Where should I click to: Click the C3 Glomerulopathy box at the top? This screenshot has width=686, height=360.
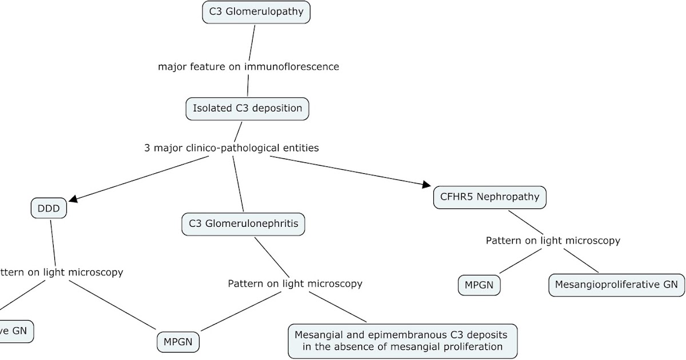(x=256, y=11)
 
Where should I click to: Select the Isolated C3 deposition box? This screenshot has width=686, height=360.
(x=247, y=109)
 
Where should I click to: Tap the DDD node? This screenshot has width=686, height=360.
(x=49, y=209)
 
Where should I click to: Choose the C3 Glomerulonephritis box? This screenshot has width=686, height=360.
(x=243, y=223)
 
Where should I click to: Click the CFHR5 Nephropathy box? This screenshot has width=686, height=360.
(x=489, y=197)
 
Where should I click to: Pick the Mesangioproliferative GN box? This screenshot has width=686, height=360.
(x=616, y=285)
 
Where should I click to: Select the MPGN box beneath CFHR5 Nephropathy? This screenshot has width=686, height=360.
(x=479, y=285)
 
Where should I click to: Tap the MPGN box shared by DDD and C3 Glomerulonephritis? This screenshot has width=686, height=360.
(x=178, y=342)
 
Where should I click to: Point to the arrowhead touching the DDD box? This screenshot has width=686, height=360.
(x=73, y=199)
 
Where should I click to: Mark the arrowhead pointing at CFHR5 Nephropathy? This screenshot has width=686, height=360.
(x=426, y=184)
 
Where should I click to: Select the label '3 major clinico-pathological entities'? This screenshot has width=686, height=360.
(x=232, y=148)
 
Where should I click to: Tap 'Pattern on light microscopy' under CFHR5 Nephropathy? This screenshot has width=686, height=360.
(x=553, y=241)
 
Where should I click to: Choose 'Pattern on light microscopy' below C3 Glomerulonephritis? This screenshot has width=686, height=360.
(x=295, y=283)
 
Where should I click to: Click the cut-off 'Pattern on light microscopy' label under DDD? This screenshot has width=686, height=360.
(x=60, y=272)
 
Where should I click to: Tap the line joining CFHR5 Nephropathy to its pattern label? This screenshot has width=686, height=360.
(x=526, y=222)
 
